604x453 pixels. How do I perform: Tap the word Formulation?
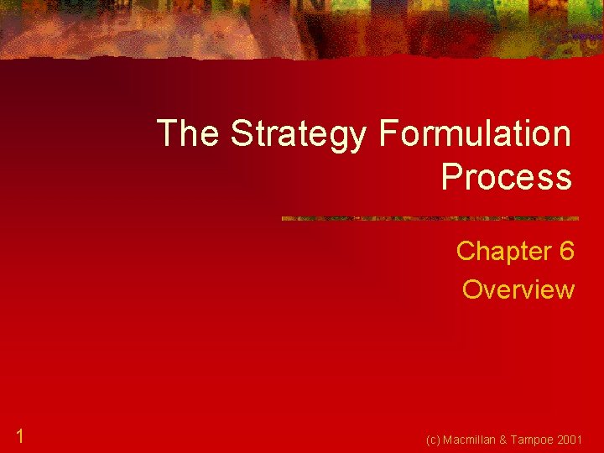475,134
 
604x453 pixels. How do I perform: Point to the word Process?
506,177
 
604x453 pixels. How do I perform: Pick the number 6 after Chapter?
566,251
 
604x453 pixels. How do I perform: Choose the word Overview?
518,289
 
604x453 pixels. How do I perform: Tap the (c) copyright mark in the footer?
434,439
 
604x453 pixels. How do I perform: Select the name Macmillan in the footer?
474,439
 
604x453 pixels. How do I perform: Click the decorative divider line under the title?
430,219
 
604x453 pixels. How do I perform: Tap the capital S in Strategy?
242,134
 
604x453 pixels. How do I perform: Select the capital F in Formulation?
388,134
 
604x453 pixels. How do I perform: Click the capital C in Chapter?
466,251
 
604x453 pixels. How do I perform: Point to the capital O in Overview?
473,289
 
